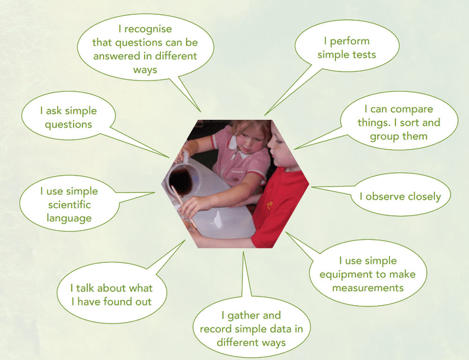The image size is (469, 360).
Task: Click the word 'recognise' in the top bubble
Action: [x=148, y=30]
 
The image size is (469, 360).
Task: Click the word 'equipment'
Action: [x=344, y=275]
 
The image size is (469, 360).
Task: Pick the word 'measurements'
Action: [x=368, y=288]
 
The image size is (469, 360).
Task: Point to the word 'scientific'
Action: [x=69, y=204]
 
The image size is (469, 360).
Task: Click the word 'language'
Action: [x=69, y=218]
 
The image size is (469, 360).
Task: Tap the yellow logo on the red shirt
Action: [x=270, y=205]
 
